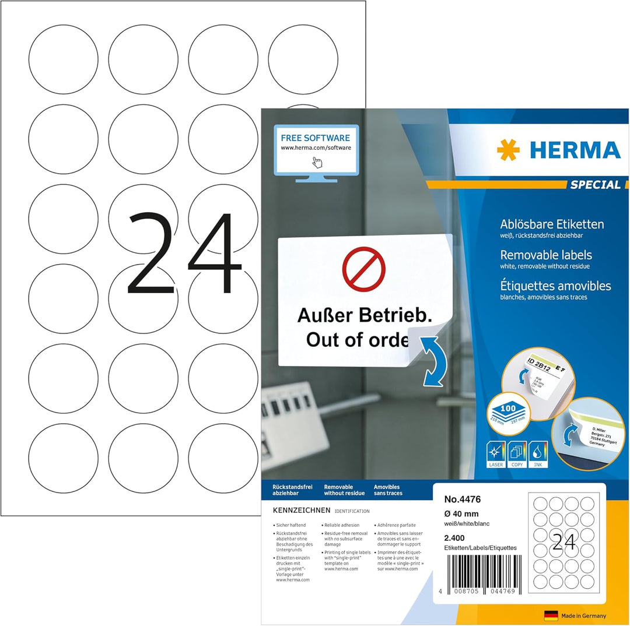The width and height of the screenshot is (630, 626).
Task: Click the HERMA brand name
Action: point(575,150)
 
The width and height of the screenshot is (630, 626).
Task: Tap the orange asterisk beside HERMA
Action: point(508,150)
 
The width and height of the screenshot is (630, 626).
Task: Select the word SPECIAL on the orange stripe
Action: point(595,185)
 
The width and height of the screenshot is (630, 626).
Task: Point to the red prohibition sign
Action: point(363,269)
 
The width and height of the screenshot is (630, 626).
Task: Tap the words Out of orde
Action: point(357,339)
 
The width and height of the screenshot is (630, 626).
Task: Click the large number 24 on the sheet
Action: point(184,253)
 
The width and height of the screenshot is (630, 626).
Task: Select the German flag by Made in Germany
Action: point(551,616)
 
